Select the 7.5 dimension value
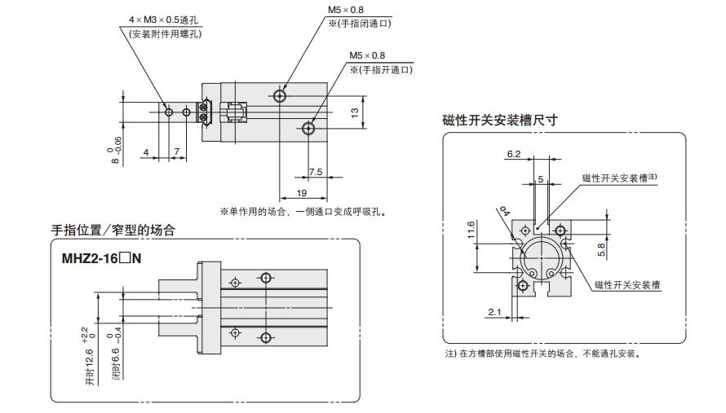(x=314, y=172)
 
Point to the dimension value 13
(x=355, y=113)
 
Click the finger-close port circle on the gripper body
(x=281, y=96)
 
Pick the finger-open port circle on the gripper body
(x=309, y=128)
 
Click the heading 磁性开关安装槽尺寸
(x=499, y=120)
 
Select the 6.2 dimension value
(x=513, y=154)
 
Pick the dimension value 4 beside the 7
(x=145, y=152)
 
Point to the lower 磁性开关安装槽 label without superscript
(x=627, y=285)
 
